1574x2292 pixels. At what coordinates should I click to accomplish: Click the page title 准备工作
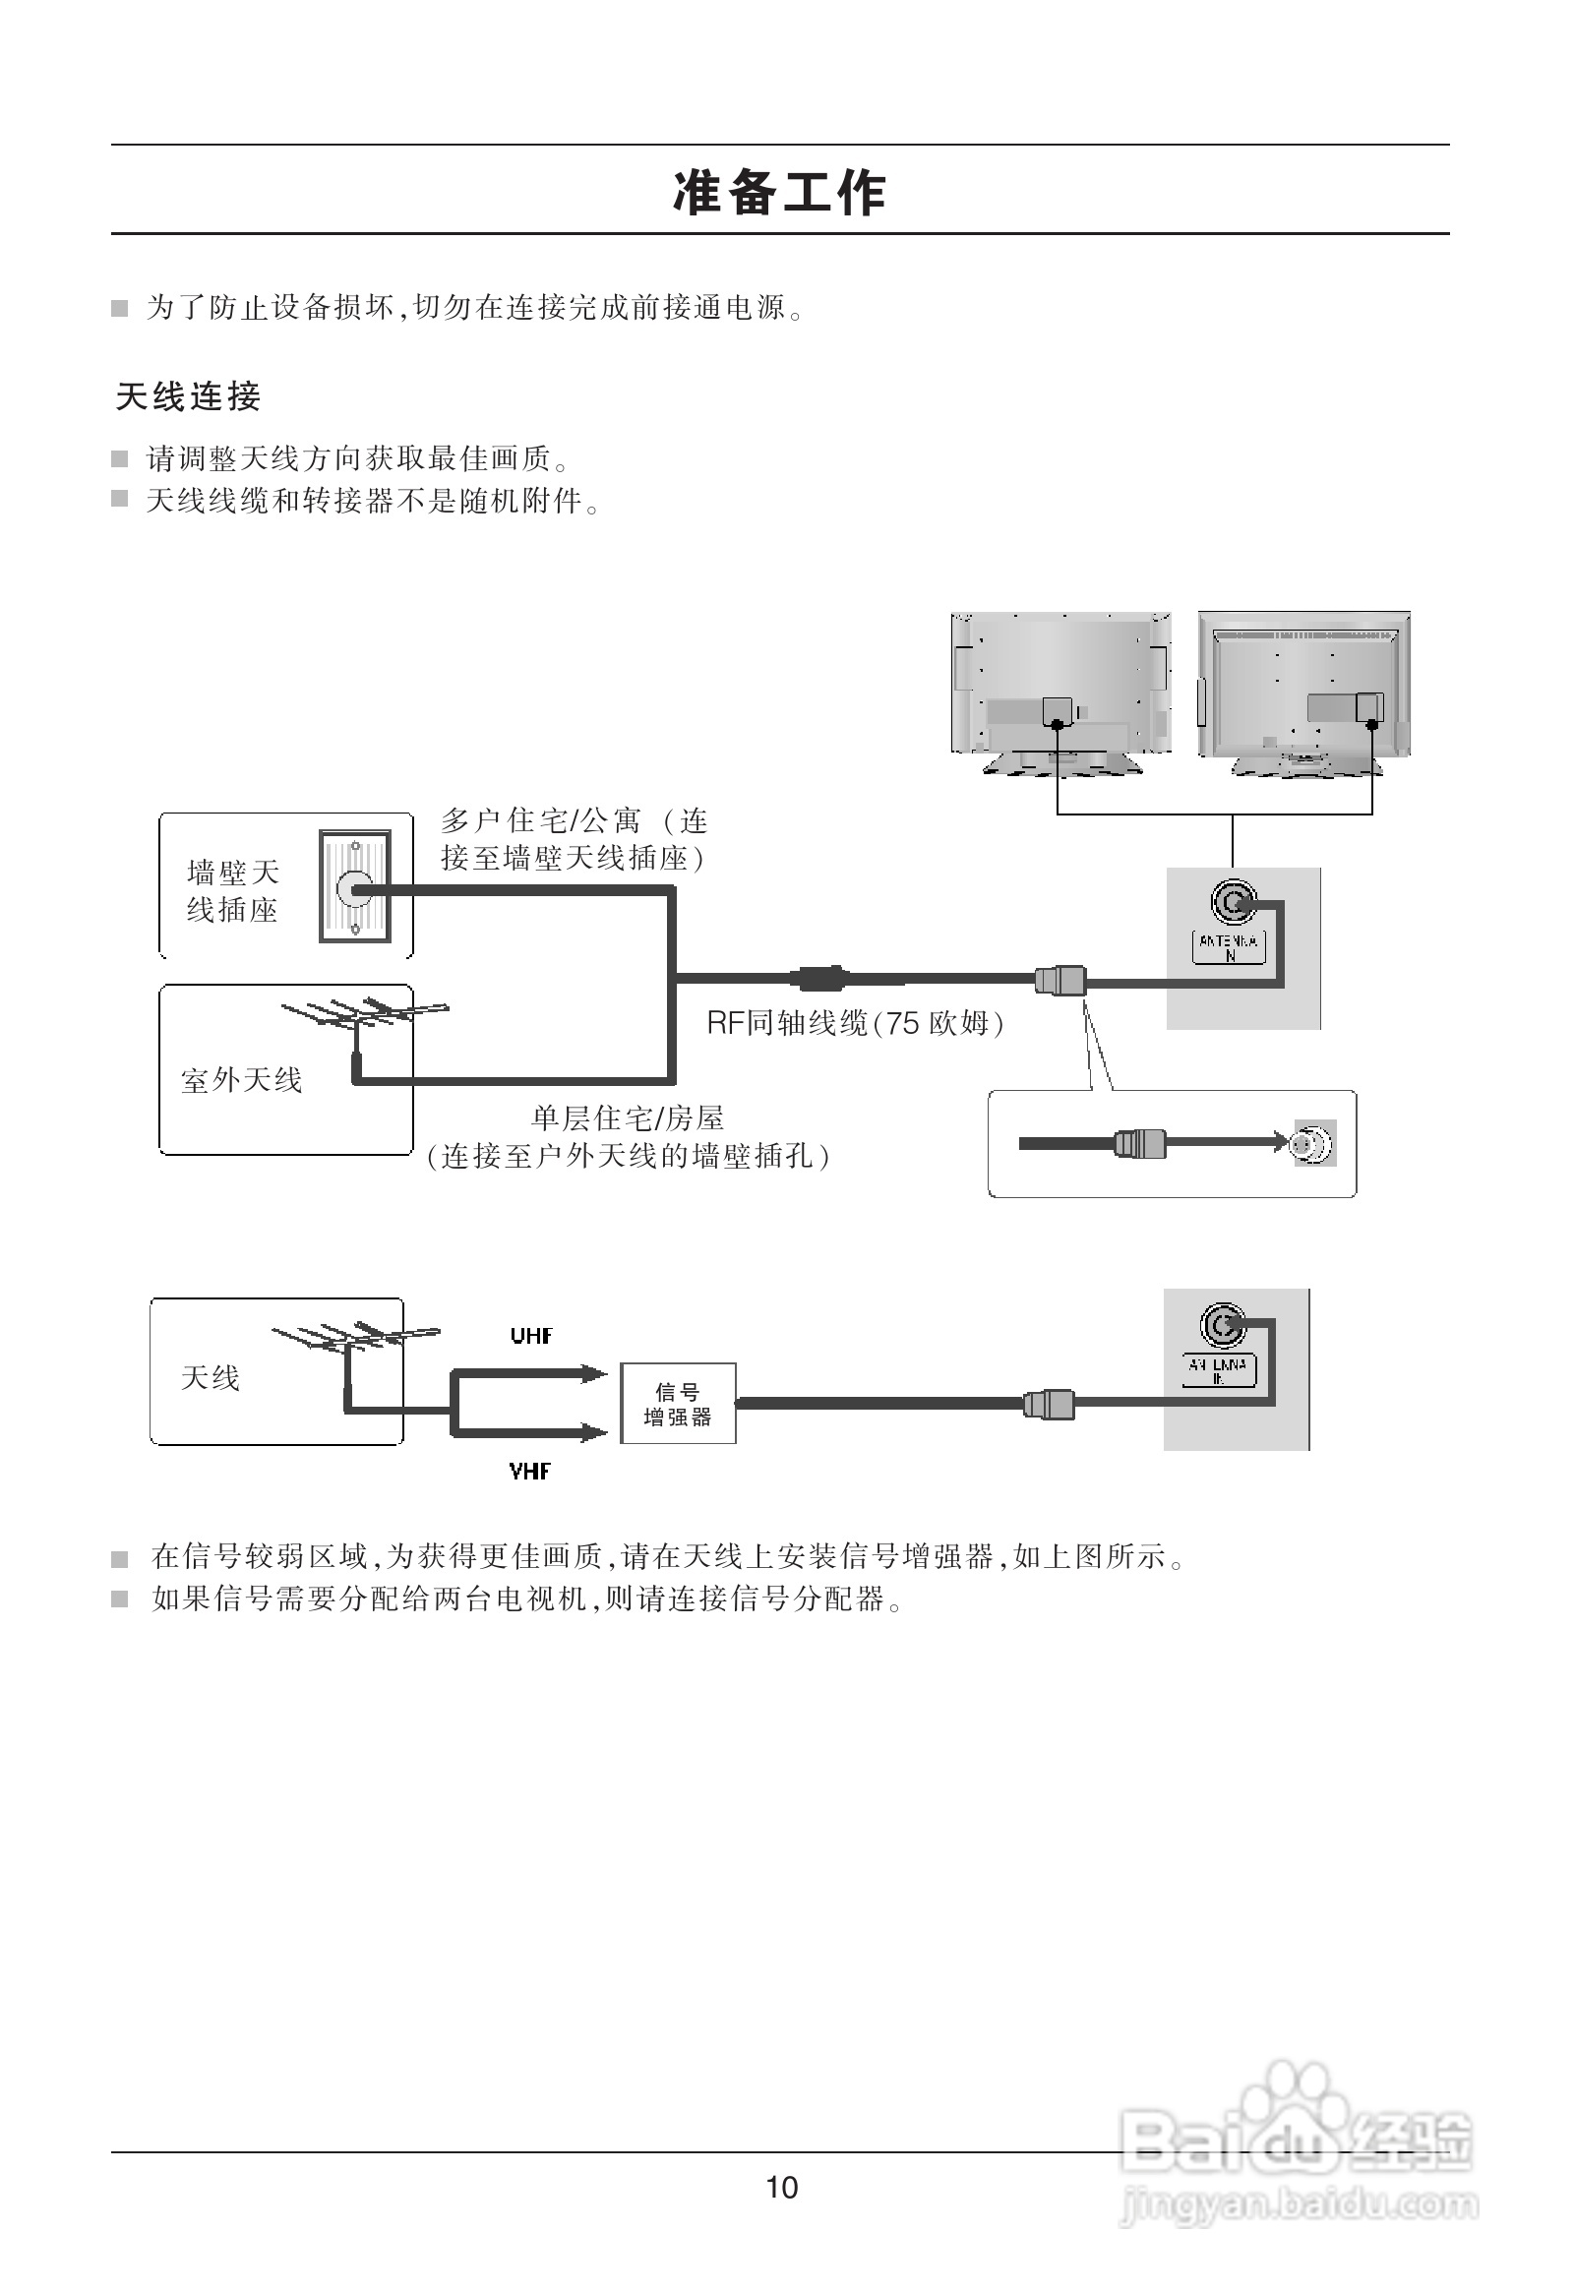[779, 192]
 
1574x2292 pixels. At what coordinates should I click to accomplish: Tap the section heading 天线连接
[187, 396]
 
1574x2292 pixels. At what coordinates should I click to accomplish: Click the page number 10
[781, 2215]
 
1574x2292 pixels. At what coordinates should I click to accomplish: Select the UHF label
[531, 1336]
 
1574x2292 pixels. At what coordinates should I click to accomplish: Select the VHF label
[529, 1472]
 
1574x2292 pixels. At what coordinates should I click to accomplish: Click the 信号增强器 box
[678, 1404]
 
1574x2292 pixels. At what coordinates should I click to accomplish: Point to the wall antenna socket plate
[354, 886]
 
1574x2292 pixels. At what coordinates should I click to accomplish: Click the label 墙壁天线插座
[233, 890]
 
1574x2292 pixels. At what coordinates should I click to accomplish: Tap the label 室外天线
[241, 1080]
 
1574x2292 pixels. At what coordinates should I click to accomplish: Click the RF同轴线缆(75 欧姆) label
[854, 1023]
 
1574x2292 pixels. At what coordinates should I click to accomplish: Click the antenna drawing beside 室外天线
[365, 1016]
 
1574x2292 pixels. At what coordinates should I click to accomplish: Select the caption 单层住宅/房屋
[628, 1117]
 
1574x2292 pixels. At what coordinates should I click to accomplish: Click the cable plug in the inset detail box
[1139, 1144]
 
